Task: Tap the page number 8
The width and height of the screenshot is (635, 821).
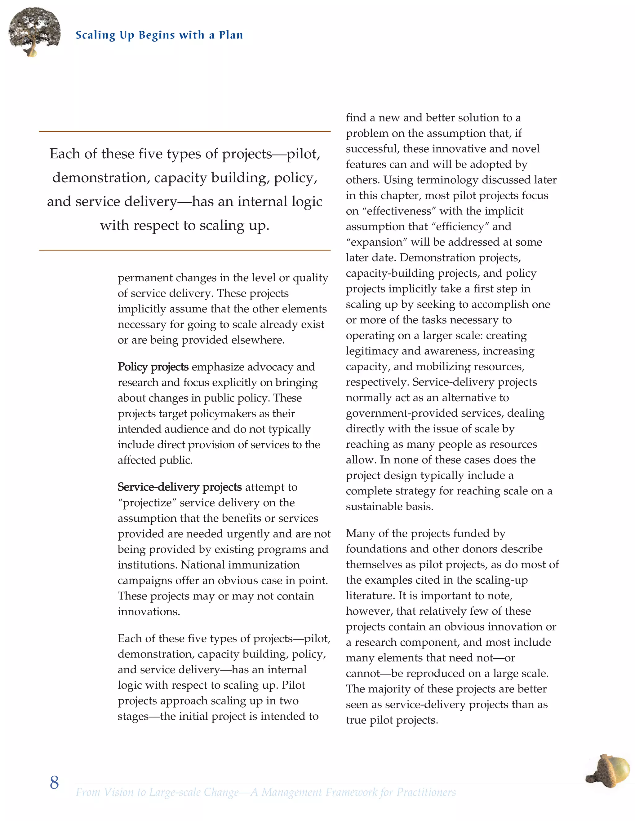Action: pos(54,782)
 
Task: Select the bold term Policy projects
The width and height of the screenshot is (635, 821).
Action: pos(153,367)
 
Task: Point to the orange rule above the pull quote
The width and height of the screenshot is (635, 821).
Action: pos(184,131)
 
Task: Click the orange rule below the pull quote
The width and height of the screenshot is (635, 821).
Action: pos(184,250)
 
